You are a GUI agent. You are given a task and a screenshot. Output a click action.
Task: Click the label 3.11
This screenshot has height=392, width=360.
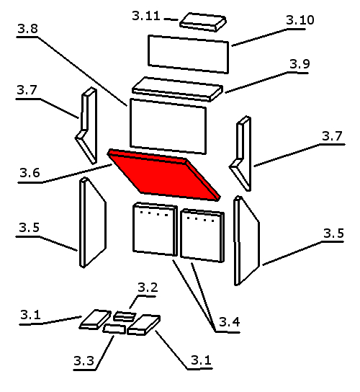pos(146,16)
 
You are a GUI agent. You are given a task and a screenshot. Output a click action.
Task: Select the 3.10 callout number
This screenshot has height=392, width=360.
pos(300,20)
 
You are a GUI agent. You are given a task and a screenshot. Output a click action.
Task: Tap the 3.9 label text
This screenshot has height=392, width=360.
pos(300,64)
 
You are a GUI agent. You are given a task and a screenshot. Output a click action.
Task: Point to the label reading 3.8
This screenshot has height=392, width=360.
pos(28,29)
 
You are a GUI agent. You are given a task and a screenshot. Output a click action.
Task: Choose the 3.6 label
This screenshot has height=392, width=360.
pos(30,173)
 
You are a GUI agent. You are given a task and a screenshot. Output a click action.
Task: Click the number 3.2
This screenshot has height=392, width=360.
pos(148,288)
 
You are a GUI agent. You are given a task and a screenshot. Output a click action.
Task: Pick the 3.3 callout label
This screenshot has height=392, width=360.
pos(84,361)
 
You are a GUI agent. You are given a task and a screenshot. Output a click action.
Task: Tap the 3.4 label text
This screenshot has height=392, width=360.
pos(230,322)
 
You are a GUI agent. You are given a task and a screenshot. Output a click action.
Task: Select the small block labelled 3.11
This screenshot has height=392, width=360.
pos(203,22)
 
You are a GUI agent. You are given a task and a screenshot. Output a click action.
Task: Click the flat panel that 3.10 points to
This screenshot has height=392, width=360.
pos(189,54)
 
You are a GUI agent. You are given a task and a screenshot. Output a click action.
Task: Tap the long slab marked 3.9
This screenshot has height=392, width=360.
pos(177,89)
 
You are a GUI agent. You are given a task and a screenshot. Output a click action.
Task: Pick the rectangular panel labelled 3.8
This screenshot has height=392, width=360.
pos(168,126)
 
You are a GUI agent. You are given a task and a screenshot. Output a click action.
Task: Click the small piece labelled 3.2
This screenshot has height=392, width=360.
pos(125,316)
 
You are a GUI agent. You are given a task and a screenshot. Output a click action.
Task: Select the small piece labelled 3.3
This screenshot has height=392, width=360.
pos(114,329)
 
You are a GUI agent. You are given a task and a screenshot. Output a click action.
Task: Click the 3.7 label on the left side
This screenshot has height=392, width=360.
pos(27,90)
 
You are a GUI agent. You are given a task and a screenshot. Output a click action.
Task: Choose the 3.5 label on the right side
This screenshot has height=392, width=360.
pos(333,233)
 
